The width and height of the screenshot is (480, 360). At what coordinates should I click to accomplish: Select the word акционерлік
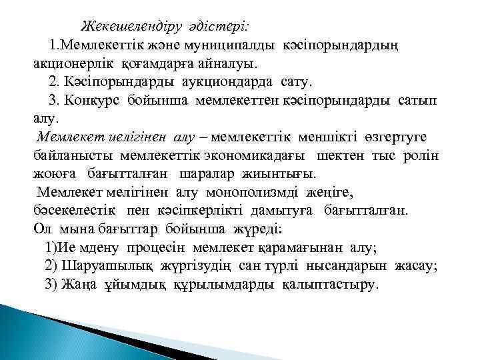coord(75,64)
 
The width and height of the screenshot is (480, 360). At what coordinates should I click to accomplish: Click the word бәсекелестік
coord(75,211)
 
